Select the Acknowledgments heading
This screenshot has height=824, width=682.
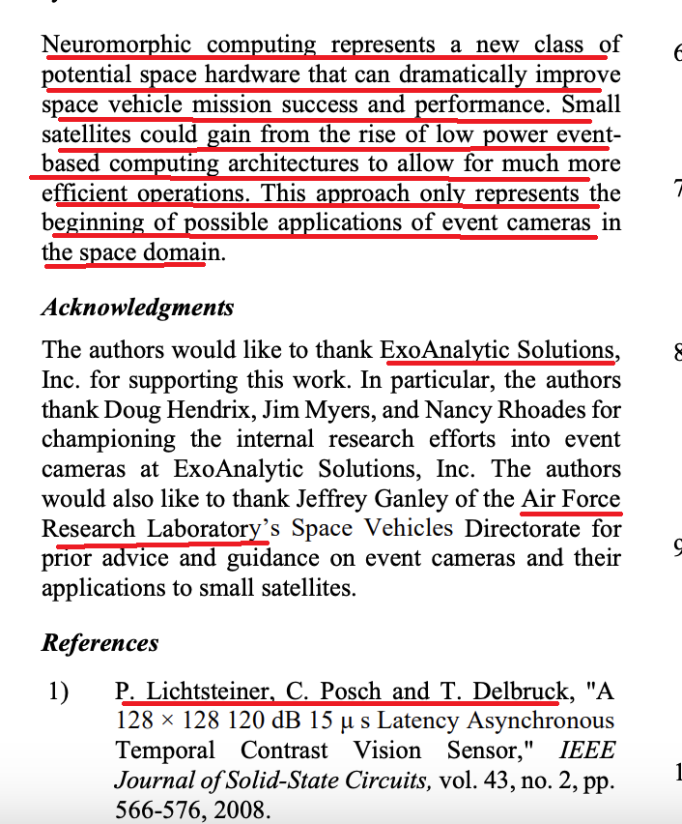pyautogui.click(x=137, y=308)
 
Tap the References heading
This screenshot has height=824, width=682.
pyautogui.click(x=99, y=642)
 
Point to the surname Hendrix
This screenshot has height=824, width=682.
pyautogui.click(x=226, y=409)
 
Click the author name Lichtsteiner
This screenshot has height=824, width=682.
pyautogui.click(x=204, y=692)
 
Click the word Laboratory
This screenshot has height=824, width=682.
pyautogui.click(x=204, y=529)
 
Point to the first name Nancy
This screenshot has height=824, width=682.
pyautogui.click(x=486, y=409)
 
